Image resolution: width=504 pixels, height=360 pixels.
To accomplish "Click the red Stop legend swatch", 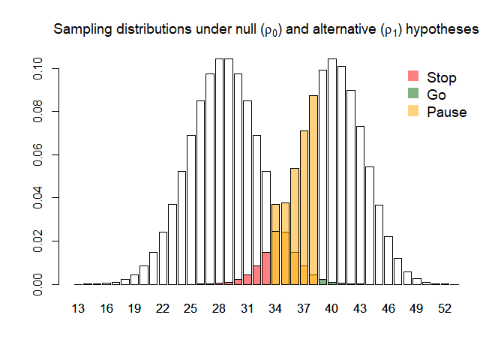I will [x=412, y=76].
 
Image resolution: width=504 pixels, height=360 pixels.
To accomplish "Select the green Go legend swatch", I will [x=412, y=94].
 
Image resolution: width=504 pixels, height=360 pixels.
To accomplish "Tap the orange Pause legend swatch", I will [x=412, y=112].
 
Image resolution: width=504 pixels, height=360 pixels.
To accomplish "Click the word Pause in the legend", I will [x=446, y=112].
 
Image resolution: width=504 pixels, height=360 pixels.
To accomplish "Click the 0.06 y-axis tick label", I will [x=37, y=155].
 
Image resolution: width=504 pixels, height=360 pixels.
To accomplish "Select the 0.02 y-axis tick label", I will [x=37, y=241].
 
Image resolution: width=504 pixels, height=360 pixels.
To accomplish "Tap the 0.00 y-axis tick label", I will [x=37, y=285].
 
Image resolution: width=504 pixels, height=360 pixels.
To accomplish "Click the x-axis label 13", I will [x=79, y=308].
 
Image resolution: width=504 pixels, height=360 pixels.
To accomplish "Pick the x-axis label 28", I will [x=219, y=308].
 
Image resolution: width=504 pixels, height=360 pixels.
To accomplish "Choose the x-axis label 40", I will [x=331, y=308].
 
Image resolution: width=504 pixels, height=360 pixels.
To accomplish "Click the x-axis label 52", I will [x=444, y=308].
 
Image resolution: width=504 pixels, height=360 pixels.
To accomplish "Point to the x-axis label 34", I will [x=275, y=308].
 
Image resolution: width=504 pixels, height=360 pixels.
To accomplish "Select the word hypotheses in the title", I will [x=441, y=30].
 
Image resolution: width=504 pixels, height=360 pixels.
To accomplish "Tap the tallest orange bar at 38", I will [x=313, y=187].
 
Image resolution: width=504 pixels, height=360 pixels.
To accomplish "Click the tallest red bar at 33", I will [x=266, y=268].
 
